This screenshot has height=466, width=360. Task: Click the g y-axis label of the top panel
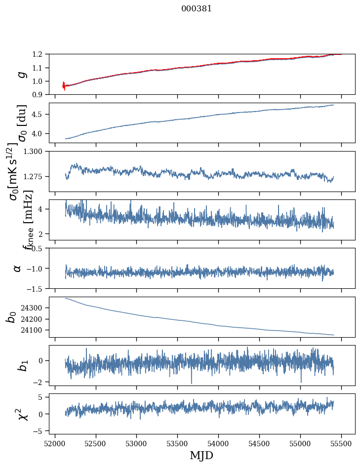[21, 75]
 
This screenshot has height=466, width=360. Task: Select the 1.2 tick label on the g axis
[39, 54]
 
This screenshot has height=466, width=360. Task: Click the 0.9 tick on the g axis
[39, 95]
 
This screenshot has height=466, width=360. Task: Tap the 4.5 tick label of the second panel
[39, 115]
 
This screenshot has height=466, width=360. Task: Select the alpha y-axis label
[18, 268]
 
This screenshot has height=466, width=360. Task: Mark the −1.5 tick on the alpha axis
[37, 288]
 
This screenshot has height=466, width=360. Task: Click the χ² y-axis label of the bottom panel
[22, 414]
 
